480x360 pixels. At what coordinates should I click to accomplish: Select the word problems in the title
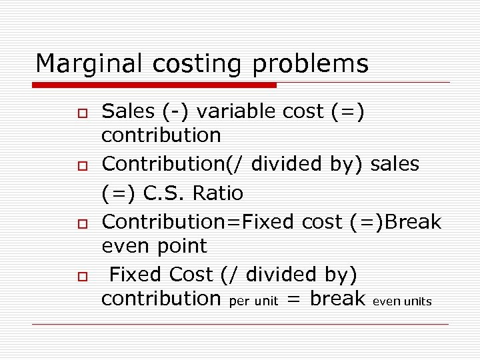coord(311,64)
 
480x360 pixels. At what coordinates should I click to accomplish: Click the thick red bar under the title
coord(155,85)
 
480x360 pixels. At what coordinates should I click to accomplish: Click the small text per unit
coord(253,301)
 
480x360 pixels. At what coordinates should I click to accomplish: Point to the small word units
coord(418,301)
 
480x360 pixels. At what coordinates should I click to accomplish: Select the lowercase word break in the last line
coord(338,299)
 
